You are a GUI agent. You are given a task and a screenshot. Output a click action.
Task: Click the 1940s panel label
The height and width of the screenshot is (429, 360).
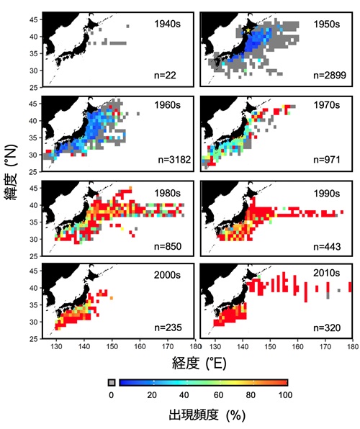tap(167, 24)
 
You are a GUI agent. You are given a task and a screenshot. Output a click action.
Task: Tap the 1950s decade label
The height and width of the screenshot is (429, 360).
tap(327, 24)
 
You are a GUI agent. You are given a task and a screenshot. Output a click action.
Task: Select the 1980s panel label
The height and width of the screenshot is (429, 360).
tap(167, 193)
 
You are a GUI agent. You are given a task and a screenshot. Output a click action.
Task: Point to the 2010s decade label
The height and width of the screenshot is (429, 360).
tap(327, 273)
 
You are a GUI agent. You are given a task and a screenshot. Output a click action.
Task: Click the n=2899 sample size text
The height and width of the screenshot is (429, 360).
tap(330, 75)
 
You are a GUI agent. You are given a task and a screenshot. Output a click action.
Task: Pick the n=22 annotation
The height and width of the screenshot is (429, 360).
tap(165, 75)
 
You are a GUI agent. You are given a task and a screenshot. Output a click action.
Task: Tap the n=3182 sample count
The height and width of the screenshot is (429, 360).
tap(174, 160)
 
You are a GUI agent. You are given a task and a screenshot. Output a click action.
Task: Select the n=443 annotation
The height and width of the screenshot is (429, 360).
tap(327, 246)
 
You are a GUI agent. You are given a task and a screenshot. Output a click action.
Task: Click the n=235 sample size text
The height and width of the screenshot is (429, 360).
tap(168, 328)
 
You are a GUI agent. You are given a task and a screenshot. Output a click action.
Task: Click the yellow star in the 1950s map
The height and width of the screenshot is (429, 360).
tap(248, 30)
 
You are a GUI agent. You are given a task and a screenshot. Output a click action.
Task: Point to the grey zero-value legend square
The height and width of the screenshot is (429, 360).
tap(112, 382)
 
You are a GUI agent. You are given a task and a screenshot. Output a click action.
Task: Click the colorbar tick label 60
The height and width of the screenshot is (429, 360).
tap(218, 395)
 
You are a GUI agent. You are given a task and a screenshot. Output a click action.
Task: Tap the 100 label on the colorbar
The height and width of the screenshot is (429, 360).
tap(285, 395)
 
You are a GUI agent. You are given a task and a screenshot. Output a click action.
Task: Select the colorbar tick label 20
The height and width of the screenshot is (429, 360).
tap(152, 395)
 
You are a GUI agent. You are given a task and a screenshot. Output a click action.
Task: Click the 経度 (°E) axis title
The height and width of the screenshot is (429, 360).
tap(199, 363)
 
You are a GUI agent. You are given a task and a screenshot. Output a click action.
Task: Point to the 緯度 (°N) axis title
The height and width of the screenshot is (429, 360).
tap(11, 172)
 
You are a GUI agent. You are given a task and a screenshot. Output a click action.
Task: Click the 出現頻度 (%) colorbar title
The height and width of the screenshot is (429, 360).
tap(207, 415)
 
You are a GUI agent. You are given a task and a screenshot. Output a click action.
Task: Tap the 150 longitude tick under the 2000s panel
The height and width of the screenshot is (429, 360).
tap(112, 347)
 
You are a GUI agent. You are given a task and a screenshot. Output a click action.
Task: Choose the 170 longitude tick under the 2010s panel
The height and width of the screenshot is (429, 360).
tap(325, 347)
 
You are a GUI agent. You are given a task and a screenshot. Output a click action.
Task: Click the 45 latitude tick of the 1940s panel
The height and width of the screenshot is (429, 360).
tap(36, 19)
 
